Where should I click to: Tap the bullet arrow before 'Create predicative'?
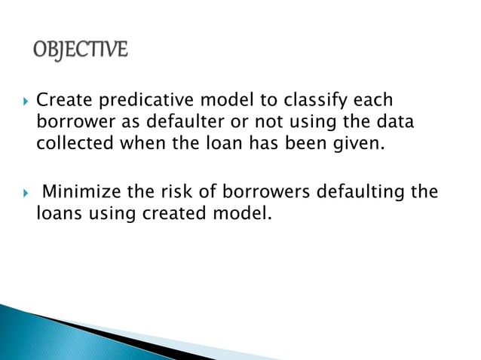coord(25,100)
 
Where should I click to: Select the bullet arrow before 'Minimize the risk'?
coord(25,192)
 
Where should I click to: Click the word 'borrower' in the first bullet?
coord(72,121)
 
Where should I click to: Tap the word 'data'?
coord(393,121)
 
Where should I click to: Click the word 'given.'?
coord(356,142)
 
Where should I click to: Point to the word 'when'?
coord(144,142)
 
